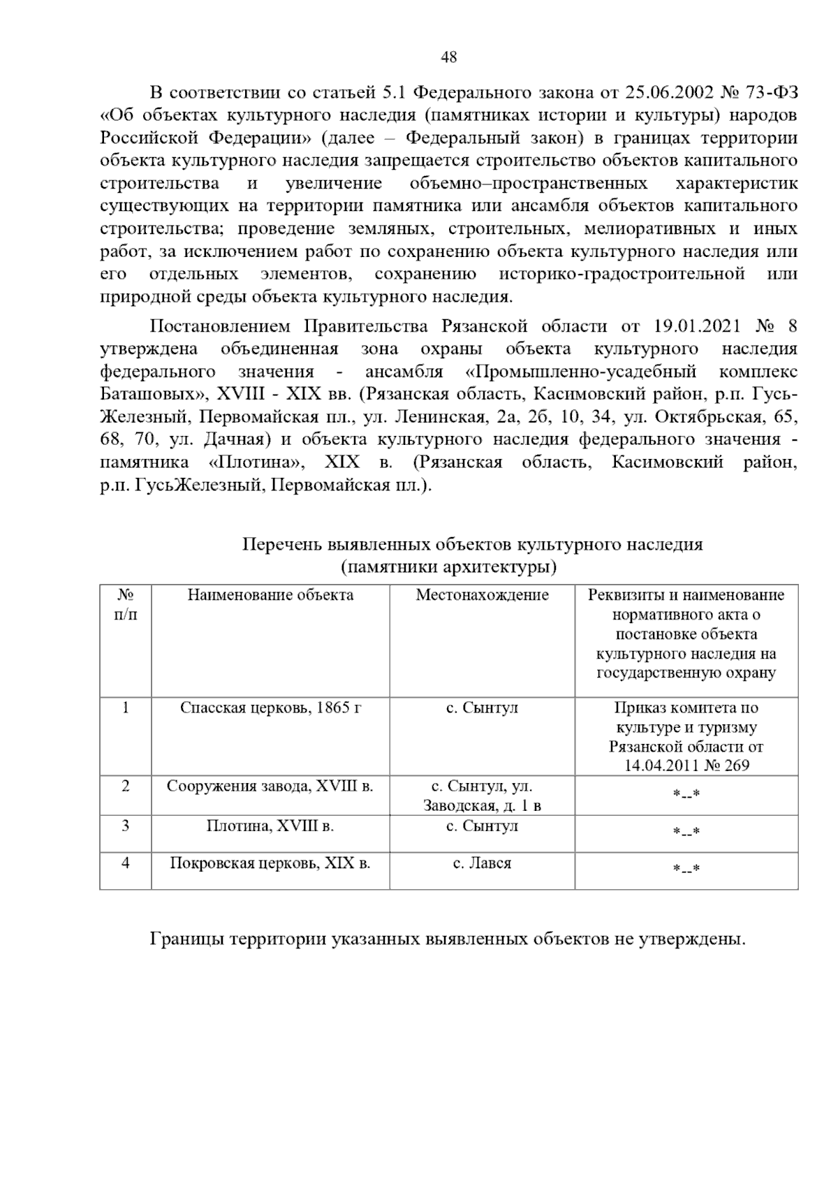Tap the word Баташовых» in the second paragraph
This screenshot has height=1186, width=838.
pyautogui.click(x=145, y=394)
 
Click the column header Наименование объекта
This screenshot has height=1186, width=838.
pyautogui.click(x=270, y=595)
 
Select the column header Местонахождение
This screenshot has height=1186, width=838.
pyautogui.click(x=482, y=595)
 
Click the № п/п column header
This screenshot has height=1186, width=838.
pyautogui.click(x=126, y=605)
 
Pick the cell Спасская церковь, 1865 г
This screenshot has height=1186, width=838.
pyautogui.click(x=270, y=708)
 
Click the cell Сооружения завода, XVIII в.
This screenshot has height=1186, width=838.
pyautogui.click(x=270, y=786)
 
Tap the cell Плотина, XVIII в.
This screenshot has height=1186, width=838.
pyautogui.click(x=270, y=826)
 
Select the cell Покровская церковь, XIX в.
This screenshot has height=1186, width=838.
pyautogui.click(x=270, y=863)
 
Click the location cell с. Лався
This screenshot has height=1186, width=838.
pyautogui.click(x=482, y=863)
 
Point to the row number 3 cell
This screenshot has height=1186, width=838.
pyautogui.click(x=126, y=826)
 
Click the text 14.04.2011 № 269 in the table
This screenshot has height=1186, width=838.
pyautogui.click(x=686, y=766)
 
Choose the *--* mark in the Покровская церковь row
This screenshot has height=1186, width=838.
pyautogui.click(x=686, y=869)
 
